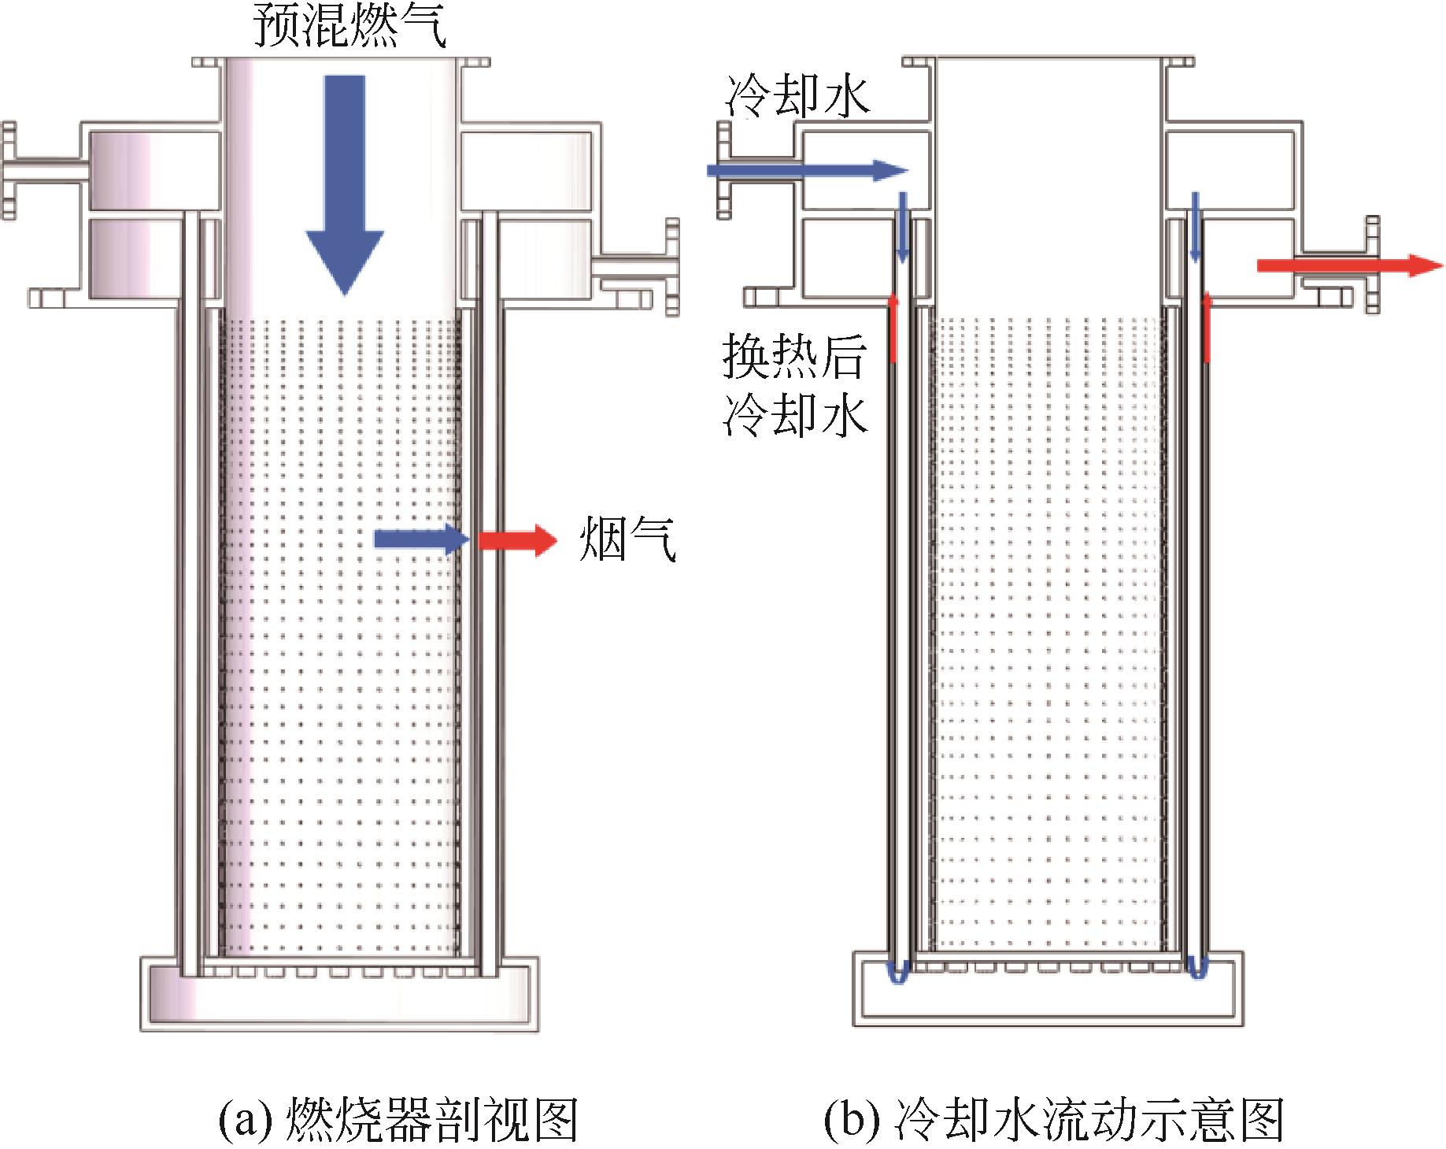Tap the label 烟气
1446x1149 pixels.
click(627, 539)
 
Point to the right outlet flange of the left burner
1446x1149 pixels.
click(671, 268)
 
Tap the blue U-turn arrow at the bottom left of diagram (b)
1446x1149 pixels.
click(898, 970)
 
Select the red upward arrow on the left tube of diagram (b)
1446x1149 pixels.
click(893, 328)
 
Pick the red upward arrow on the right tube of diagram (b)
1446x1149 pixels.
click(1206, 328)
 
